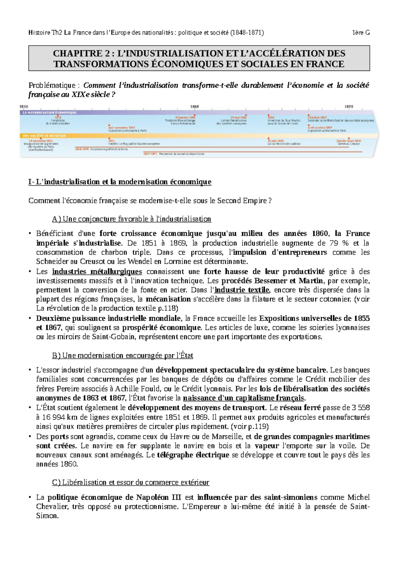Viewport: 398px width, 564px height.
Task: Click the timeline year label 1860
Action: click(x=194, y=107)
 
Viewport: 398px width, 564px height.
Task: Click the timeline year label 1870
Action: click(x=349, y=107)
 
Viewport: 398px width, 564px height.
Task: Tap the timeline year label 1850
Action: click(x=24, y=107)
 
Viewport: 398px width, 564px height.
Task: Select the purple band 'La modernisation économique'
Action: click(x=49, y=113)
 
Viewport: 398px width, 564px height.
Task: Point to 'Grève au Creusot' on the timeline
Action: click(x=349, y=144)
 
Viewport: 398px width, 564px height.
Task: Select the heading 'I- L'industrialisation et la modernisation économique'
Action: click(x=120, y=182)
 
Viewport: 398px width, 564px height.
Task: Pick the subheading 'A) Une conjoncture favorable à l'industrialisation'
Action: click(x=131, y=219)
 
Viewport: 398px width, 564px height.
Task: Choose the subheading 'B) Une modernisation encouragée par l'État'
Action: click(x=122, y=355)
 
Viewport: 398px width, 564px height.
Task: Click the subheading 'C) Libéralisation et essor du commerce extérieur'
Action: click(x=130, y=482)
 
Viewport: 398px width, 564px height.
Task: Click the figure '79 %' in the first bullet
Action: click(x=339, y=243)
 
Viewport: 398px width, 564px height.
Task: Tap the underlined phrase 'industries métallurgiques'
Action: click(x=97, y=271)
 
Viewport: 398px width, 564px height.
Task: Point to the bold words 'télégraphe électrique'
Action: click(x=193, y=455)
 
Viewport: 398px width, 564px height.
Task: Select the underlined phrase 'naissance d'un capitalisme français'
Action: click(x=243, y=398)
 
